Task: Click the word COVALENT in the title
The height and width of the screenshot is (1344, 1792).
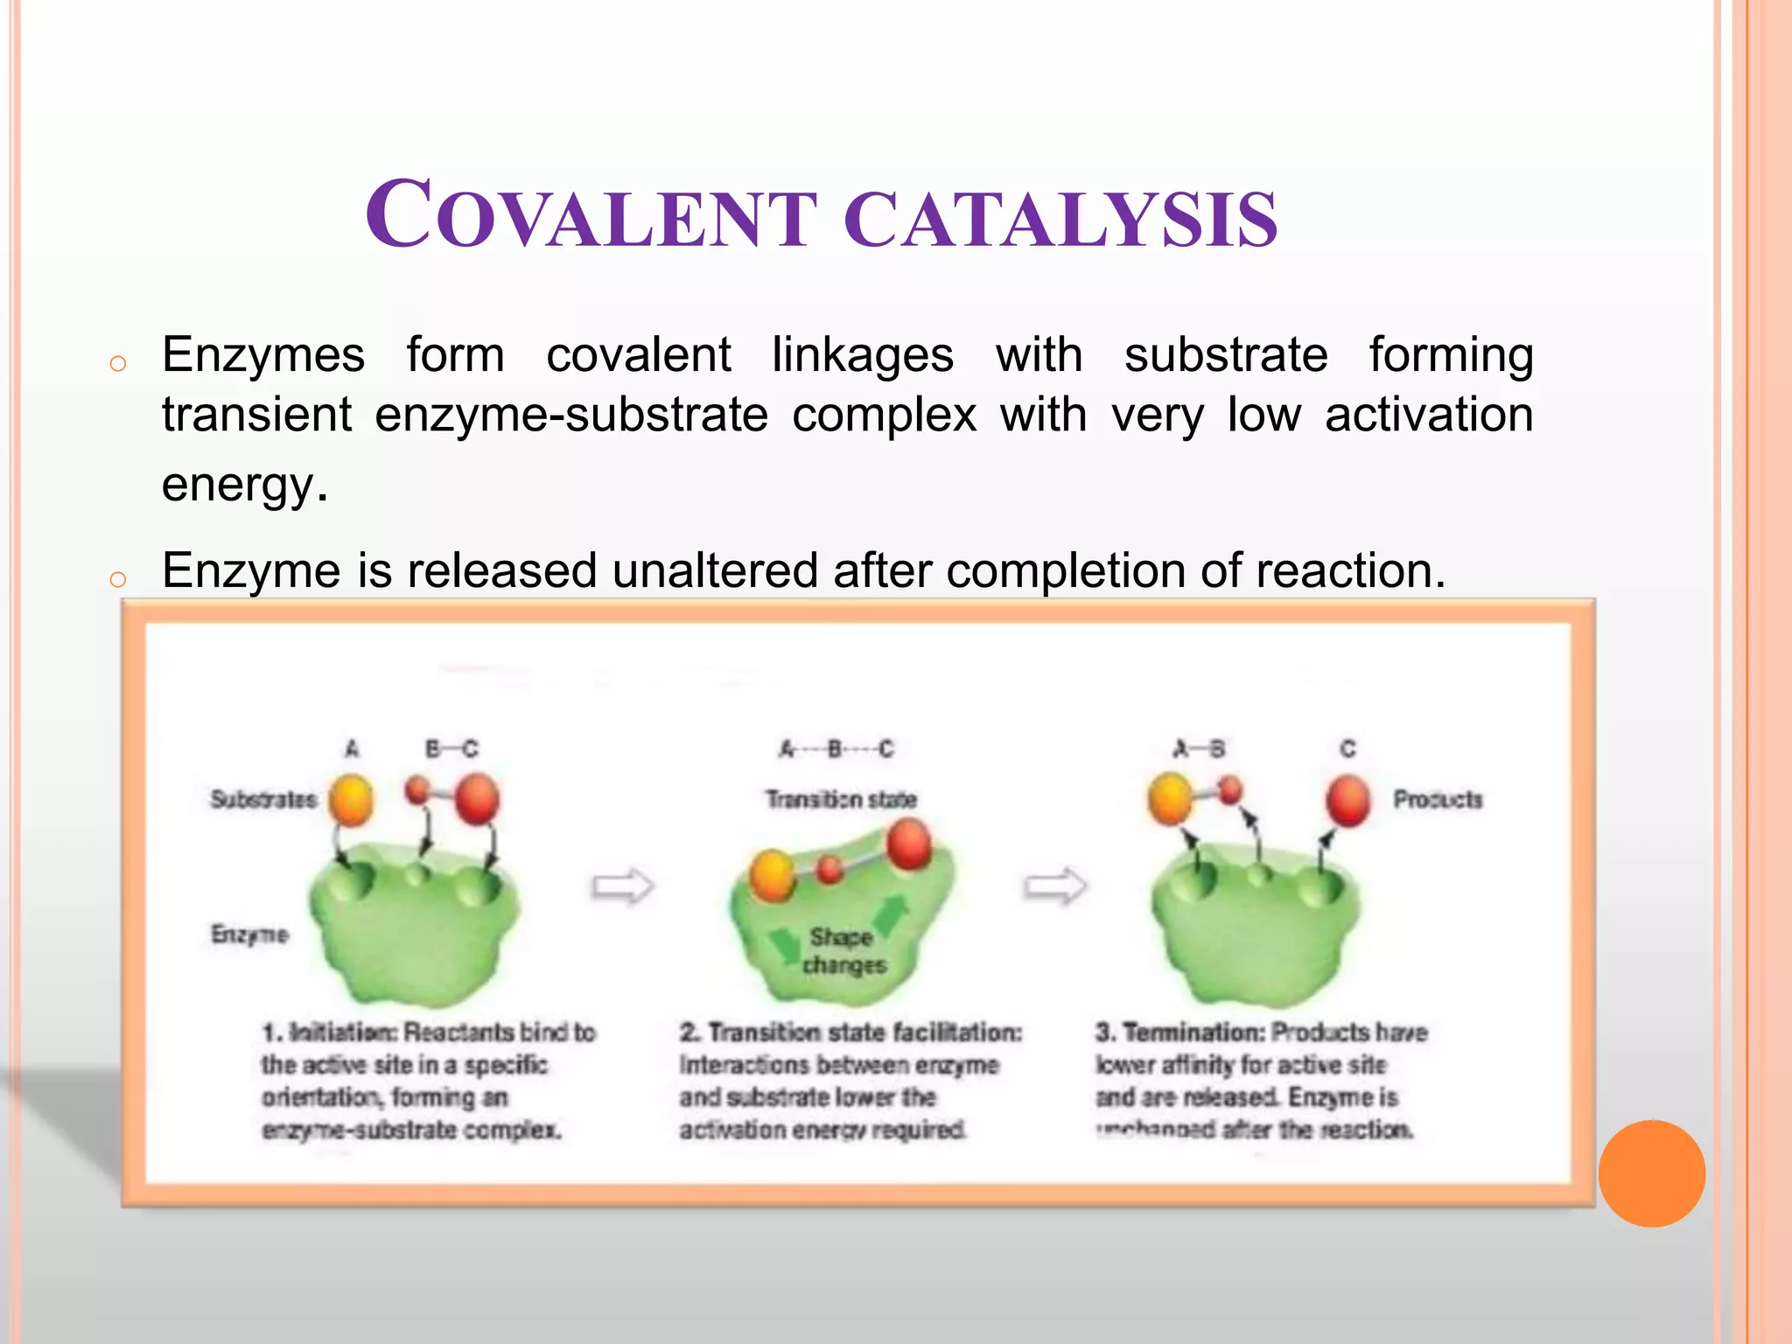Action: tap(591, 216)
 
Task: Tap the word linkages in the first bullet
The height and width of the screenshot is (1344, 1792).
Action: tap(862, 356)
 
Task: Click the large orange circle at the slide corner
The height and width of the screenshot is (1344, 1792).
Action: tap(1651, 1172)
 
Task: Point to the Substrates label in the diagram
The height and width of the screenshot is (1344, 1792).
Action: tap(263, 799)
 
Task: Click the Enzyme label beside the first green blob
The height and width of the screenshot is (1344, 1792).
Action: tap(248, 934)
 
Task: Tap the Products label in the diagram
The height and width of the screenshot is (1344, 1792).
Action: tap(1438, 799)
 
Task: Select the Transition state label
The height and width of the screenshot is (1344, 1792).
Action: tap(841, 799)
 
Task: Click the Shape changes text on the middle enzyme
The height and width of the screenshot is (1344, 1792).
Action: tap(843, 951)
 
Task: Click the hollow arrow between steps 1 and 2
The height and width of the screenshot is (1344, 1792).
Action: tap(622, 886)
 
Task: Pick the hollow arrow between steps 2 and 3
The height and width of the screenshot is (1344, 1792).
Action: tap(1054, 886)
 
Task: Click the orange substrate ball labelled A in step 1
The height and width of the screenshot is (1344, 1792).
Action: tap(352, 801)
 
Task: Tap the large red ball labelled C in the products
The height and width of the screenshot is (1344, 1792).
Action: tap(1347, 801)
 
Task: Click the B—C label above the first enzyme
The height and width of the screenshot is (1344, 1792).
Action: tap(451, 749)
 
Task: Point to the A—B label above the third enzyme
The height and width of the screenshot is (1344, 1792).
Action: tap(1200, 749)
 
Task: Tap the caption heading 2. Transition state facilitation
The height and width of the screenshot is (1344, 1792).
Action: tap(850, 1032)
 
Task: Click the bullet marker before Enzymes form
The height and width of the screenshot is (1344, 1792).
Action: tap(118, 363)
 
